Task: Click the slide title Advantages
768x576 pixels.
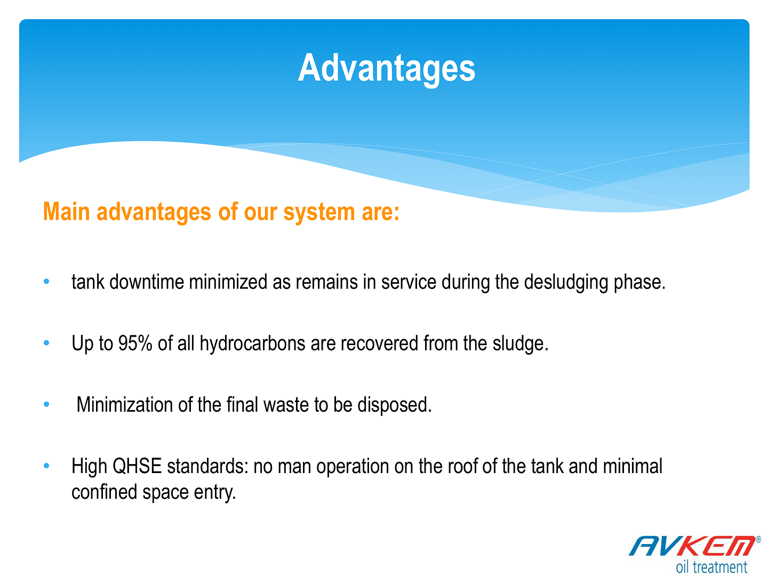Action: [x=386, y=69]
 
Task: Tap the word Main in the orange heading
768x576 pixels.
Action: [x=66, y=212]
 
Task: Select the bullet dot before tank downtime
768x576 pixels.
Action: [x=46, y=281]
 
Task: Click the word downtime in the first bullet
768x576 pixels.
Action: [x=147, y=282]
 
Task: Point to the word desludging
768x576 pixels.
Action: [x=565, y=283]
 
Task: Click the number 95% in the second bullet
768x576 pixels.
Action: [x=135, y=343]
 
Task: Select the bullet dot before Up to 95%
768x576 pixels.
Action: [x=46, y=343]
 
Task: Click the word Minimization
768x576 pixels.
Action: [x=125, y=405]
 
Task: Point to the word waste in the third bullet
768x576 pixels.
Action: [x=286, y=405]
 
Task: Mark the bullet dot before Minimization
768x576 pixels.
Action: [x=46, y=404]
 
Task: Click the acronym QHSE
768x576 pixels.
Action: [x=137, y=467]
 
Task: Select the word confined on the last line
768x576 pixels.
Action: [x=104, y=492]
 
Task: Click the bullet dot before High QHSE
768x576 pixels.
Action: [x=46, y=466]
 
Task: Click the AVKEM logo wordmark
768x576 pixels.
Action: [x=692, y=546]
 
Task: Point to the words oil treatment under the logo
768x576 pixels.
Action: [x=711, y=567]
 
